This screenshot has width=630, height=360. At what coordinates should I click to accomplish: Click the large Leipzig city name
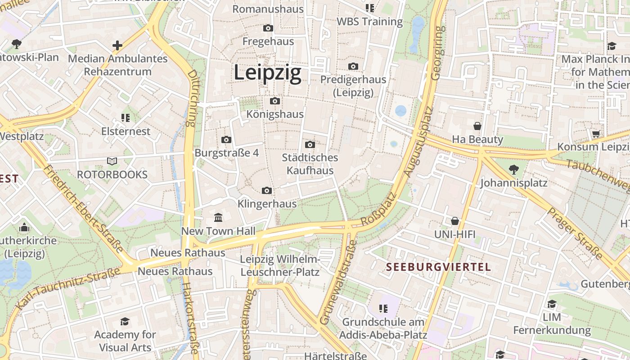click(x=267, y=73)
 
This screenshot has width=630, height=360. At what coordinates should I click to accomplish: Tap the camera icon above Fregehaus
click(x=268, y=28)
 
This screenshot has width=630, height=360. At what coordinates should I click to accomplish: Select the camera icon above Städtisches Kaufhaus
click(x=310, y=144)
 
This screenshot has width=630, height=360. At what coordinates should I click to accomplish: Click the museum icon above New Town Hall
click(x=218, y=218)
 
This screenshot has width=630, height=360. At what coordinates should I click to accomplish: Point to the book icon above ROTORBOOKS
click(x=112, y=161)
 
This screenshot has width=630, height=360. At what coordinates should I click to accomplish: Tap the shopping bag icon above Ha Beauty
click(x=477, y=126)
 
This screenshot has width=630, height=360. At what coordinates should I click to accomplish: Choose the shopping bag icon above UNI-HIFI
click(x=455, y=221)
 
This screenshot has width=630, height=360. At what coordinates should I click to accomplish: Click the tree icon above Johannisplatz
click(x=513, y=170)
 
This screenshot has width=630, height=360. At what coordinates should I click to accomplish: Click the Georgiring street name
click(x=437, y=53)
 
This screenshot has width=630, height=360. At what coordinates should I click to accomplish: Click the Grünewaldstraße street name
click(x=338, y=283)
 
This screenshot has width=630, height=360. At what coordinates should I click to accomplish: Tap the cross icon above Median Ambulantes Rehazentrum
click(x=117, y=45)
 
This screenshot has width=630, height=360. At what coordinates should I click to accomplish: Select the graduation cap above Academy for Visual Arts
click(x=125, y=321)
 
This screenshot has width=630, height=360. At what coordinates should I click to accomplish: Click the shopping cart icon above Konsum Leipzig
click(x=596, y=134)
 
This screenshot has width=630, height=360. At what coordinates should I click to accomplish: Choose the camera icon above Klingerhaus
click(x=267, y=191)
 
